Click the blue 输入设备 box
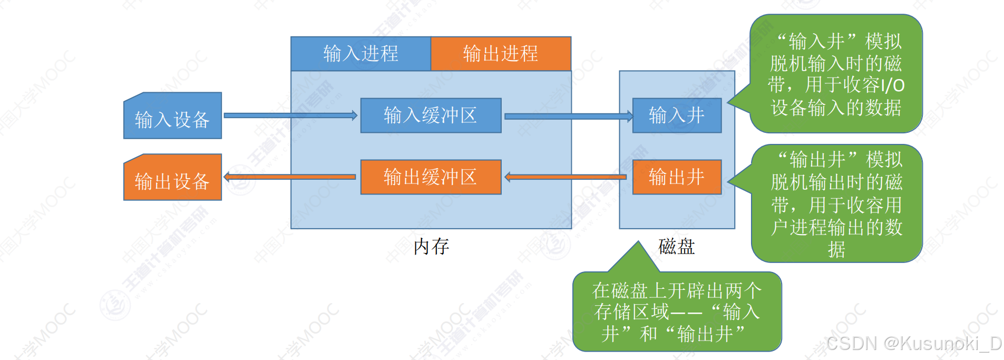tap(172, 116)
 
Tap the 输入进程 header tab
tap(360, 54)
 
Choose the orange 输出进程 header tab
tap(501, 54)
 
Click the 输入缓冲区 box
tap(431, 115)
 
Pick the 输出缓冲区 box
tap(431, 177)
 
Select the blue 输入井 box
tap(677, 115)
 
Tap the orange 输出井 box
tap(677, 177)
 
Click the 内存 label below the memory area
tap(431, 246)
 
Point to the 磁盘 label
tap(677, 246)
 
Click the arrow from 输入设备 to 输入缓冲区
tap(290, 115)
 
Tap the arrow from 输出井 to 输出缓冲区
tap(566, 177)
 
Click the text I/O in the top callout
tap(892, 85)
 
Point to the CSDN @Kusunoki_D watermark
tap(914, 344)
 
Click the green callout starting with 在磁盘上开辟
tap(677, 312)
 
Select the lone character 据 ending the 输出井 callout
tap(836, 249)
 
